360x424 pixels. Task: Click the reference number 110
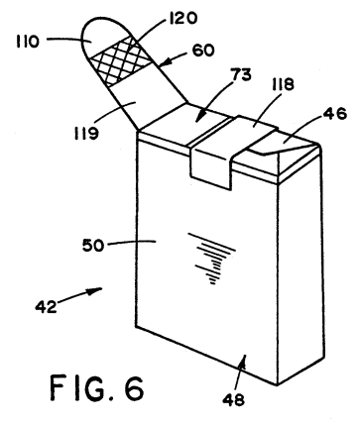28,42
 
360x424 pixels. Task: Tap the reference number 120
182,18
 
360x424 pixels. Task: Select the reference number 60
203,51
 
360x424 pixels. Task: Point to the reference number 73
241,75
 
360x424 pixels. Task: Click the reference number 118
282,85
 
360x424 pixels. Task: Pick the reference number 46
335,113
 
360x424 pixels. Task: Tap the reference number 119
86,134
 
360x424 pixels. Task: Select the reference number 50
93,246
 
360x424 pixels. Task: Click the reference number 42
47,307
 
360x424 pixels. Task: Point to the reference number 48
233,400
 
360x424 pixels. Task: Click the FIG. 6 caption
97,388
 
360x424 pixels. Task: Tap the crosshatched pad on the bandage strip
121,61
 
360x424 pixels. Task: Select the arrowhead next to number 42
95,291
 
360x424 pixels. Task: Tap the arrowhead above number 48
244,360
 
